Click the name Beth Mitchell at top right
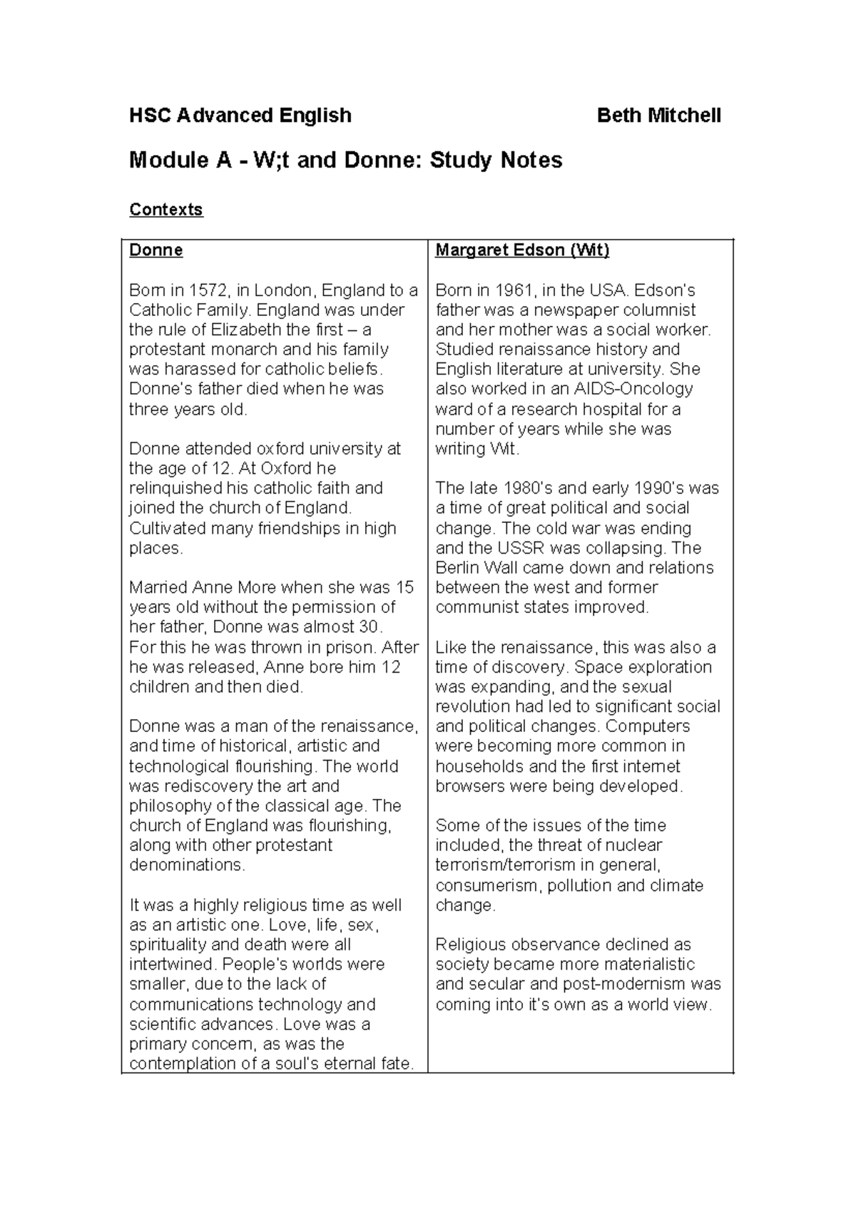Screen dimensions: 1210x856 click(x=658, y=116)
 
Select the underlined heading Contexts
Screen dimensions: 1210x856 click(x=165, y=210)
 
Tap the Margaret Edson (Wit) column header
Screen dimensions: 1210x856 click(x=522, y=250)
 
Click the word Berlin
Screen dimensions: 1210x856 click(x=459, y=568)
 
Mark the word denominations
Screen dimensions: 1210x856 click(x=186, y=865)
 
